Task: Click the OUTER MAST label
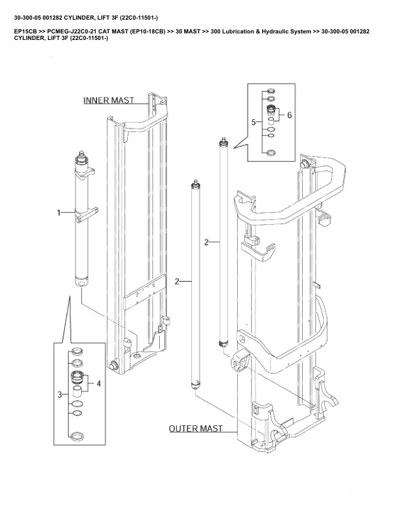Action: pyautogui.click(x=195, y=429)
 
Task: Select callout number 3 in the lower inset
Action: pyautogui.click(x=59, y=394)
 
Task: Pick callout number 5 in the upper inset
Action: pyautogui.click(x=254, y=122)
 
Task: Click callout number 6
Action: pyautogui.click(x=289, y=114)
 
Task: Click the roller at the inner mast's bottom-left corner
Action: pyautogui.click(x=114, y=365)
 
